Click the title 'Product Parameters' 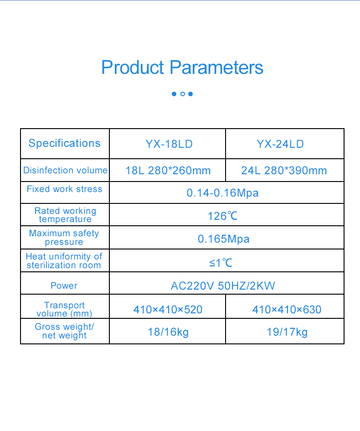(x=182, y=68)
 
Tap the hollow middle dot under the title (x=182, y=94)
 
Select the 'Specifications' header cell (x=64, y=143)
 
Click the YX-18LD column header (x=169, y=144)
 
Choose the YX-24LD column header (x=280, y=144)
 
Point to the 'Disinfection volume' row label (x=65, y=170)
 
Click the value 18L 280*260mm (x=168, y=171)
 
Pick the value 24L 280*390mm (x=284, y=171)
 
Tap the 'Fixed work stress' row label (x=64, y=189)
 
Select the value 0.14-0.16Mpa (x=222, y=193)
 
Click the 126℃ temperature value (x=222, y=216)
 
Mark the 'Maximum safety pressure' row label (x=64, y=237)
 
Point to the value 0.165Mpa (x=223, y=239)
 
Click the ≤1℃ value (x=221, y=263)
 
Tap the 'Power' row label (x=64, y=286)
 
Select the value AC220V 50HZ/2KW (x=223, y=286)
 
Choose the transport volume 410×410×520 (x=168, y=310)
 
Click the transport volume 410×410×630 (x=287, y=310)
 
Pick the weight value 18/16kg (x=168, y=332)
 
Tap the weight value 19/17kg (x=287, y=332)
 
